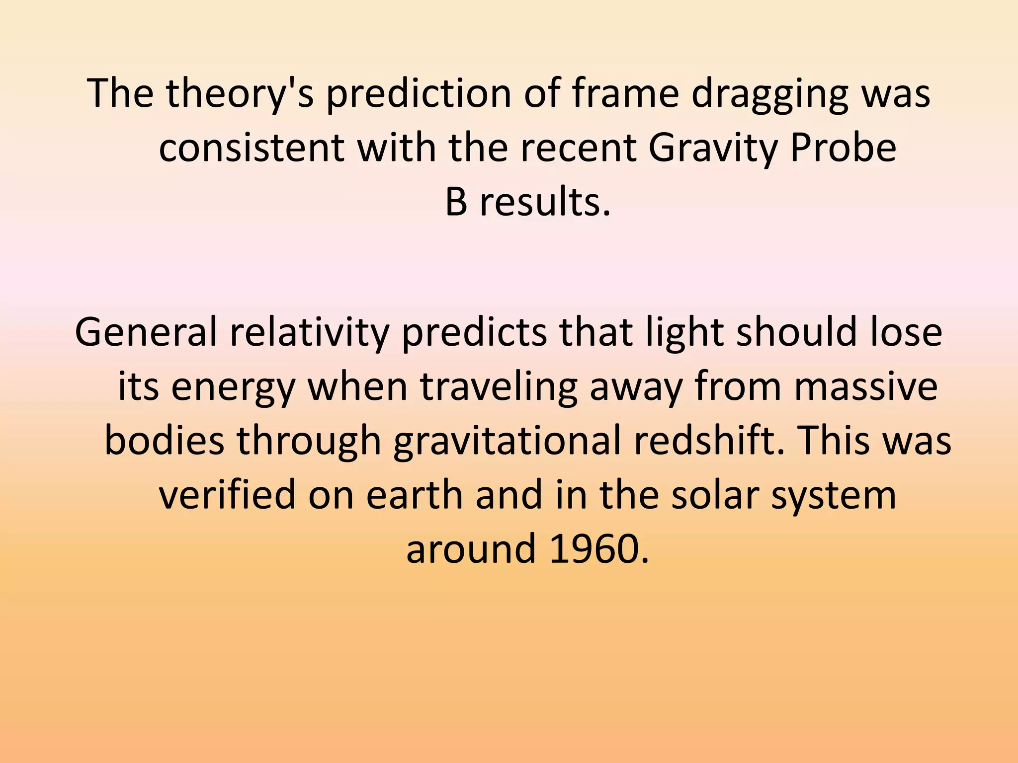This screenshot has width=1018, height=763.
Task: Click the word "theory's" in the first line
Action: point(240,94)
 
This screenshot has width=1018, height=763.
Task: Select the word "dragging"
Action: point(769,94)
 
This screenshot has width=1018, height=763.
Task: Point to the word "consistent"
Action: point(252,149)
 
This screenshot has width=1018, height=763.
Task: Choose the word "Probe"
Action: point(843,149)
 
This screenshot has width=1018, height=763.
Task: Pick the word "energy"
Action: point(233,387)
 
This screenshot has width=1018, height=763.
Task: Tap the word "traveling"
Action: point(499,387)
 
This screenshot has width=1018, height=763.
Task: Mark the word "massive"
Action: point(866,387)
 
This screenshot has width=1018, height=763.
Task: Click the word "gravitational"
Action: point(507,441)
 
